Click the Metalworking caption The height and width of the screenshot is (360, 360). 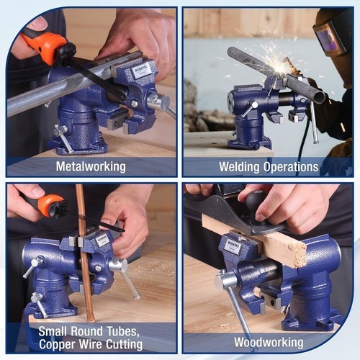point(91,167)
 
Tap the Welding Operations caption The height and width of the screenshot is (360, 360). point(269,167)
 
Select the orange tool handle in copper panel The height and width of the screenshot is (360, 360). point(49,206)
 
